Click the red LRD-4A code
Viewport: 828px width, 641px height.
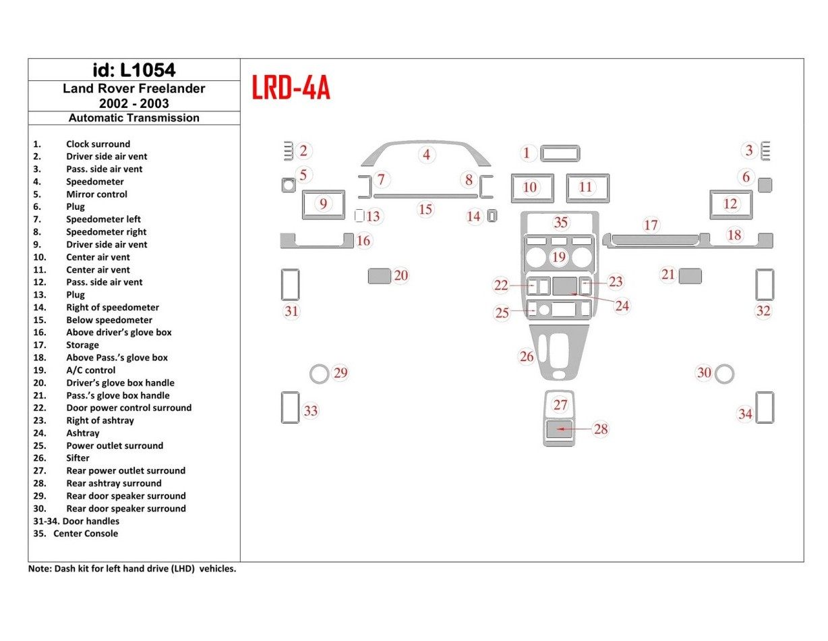[291, 88]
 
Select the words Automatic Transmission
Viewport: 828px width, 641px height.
[134, 117]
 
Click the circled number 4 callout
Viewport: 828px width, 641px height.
[426, 155]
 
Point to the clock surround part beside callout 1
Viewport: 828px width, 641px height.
[559, 154]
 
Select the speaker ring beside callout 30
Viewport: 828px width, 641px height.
[724, 373]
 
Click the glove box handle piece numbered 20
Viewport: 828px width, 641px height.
[380, 275]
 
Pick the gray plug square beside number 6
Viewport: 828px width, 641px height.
[765, 185]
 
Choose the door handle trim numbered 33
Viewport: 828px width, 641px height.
[289, 408]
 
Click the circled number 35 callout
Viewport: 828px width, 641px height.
[560, 223]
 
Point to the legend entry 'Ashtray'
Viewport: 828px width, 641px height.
[83, 433]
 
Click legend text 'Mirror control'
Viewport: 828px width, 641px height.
[96, 194]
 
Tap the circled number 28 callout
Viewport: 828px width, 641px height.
[600, 429]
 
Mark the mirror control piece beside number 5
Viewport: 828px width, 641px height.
[288, 185]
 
